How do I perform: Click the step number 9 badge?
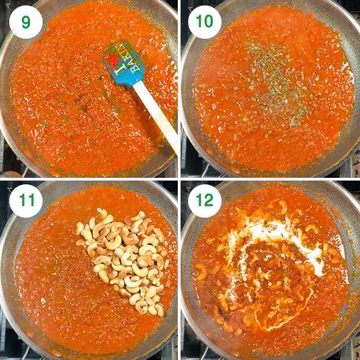point(26,22)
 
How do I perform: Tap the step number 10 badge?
point(205,22)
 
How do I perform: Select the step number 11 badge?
point(26,201)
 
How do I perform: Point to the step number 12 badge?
point(205,201)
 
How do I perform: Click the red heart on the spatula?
point(113,61)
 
